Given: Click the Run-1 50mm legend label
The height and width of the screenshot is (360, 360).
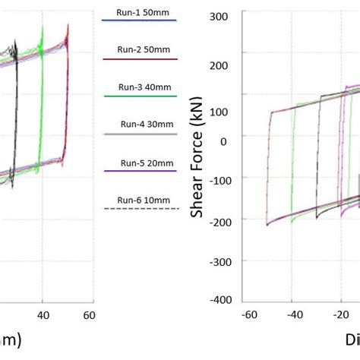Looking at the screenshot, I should tap(139, 14).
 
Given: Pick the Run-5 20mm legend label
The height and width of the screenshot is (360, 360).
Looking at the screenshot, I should tap(139, 163).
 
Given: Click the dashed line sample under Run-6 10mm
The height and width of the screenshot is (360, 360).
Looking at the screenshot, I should tap(139, 209).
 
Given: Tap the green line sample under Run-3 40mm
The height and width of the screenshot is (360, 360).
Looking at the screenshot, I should tap(139, 96).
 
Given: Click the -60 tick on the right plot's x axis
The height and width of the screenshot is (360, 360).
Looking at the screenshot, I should tap(246, 314).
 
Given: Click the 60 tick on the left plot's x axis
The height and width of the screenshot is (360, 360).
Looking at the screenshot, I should tap(89, 314).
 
